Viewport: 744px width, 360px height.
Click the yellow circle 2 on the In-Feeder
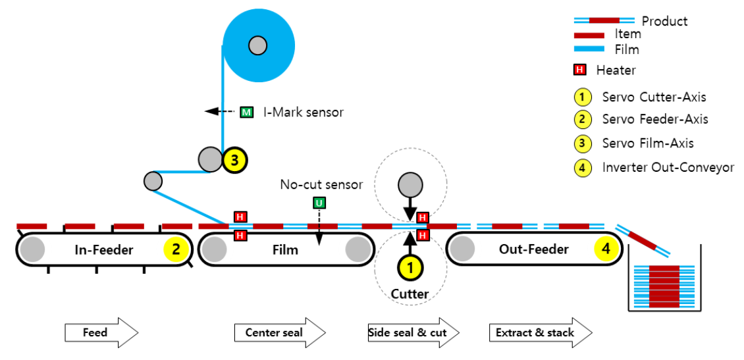tap(176, 249)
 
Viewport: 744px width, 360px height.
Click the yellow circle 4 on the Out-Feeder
tap(606, 249)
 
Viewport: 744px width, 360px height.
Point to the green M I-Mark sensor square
tap(246, 112)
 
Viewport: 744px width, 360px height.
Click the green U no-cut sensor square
tap(319, 203)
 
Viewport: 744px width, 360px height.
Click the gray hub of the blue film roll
tap(257, 45)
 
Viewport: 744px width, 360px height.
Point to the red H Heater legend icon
tap(580, 70)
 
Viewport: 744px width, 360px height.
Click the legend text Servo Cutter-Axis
tap(654, 97)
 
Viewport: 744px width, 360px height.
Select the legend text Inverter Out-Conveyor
tap(668, 168)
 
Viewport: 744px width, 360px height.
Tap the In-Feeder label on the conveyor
tap(104, 249)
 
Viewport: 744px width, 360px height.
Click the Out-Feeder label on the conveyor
tap(533, 249)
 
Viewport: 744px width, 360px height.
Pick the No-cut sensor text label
tap(321, 185)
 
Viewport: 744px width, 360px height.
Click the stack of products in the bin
tap(664, 288)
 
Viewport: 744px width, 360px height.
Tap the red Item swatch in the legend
tap(589, 35)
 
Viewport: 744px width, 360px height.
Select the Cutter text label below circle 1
tap(410, 294)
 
